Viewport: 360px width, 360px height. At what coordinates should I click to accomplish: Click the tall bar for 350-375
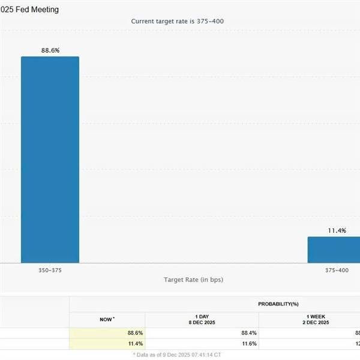pos(50,159)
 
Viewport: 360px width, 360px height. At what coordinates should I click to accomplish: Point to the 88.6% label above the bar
pos(50,50)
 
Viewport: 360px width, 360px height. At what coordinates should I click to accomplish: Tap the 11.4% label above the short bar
pos(337,230)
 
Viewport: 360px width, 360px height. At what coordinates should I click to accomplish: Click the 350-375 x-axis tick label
pos(50,271)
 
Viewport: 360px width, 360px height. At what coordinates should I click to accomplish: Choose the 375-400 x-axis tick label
pos(337,271)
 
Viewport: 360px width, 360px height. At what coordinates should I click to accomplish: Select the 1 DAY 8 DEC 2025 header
pos(202,320)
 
